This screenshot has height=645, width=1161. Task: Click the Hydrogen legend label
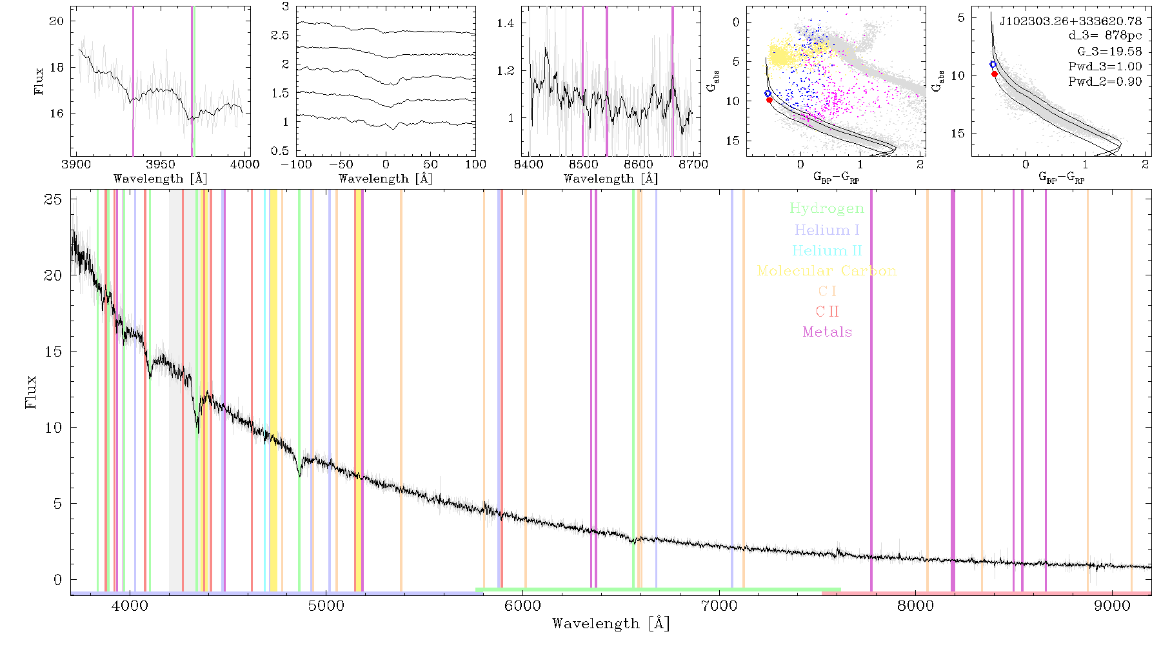827,209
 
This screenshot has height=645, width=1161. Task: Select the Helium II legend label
827,250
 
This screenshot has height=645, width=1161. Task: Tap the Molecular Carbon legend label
827,271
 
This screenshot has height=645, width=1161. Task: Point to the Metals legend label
828,332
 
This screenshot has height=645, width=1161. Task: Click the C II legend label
828,312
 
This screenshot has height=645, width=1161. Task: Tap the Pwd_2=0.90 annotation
1105,82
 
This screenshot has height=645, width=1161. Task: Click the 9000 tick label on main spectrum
1112,606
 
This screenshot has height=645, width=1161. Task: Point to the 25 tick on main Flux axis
53,199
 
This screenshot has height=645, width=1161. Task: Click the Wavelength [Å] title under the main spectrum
611,624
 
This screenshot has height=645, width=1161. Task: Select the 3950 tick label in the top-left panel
161,164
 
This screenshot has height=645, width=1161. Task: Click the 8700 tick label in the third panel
694,164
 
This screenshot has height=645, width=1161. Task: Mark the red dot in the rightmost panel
995,74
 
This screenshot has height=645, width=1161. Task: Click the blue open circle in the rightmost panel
993,64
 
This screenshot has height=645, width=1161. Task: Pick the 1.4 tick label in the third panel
506,23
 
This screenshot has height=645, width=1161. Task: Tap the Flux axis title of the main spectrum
30,392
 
